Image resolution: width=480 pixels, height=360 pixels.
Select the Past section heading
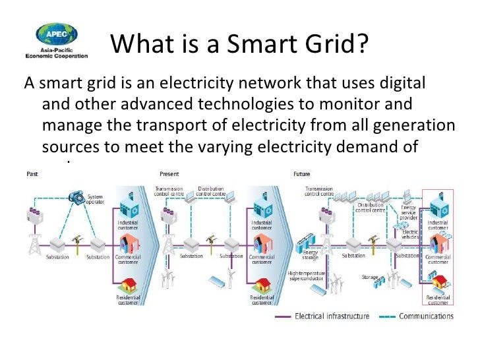(x=32, y=174)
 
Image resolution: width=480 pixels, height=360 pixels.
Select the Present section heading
(x=169, y=174)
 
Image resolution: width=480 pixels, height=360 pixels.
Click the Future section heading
(x=301, y=174)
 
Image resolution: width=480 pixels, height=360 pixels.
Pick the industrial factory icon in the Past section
(x=127, y=202)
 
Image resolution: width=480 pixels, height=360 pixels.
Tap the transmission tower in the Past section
(x=32, y=243)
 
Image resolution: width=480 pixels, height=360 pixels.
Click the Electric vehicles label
(x=409, y=234)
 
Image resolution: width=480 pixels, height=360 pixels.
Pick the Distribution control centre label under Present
(x=211, y=192)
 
